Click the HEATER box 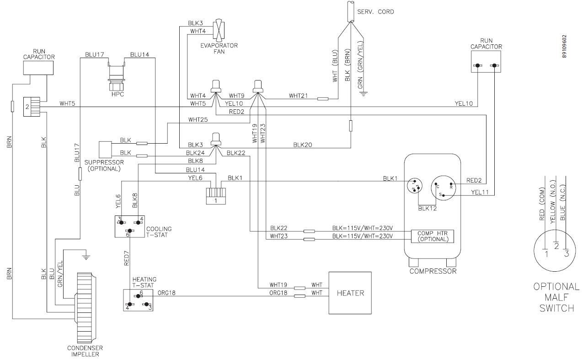[x=350, y=293]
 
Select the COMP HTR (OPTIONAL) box [x=432, y=236]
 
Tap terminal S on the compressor [x=441, y=194]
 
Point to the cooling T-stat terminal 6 [x=129, y=231]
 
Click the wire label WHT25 [x=198, y=120]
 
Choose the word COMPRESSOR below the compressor [x=433, y=271]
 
